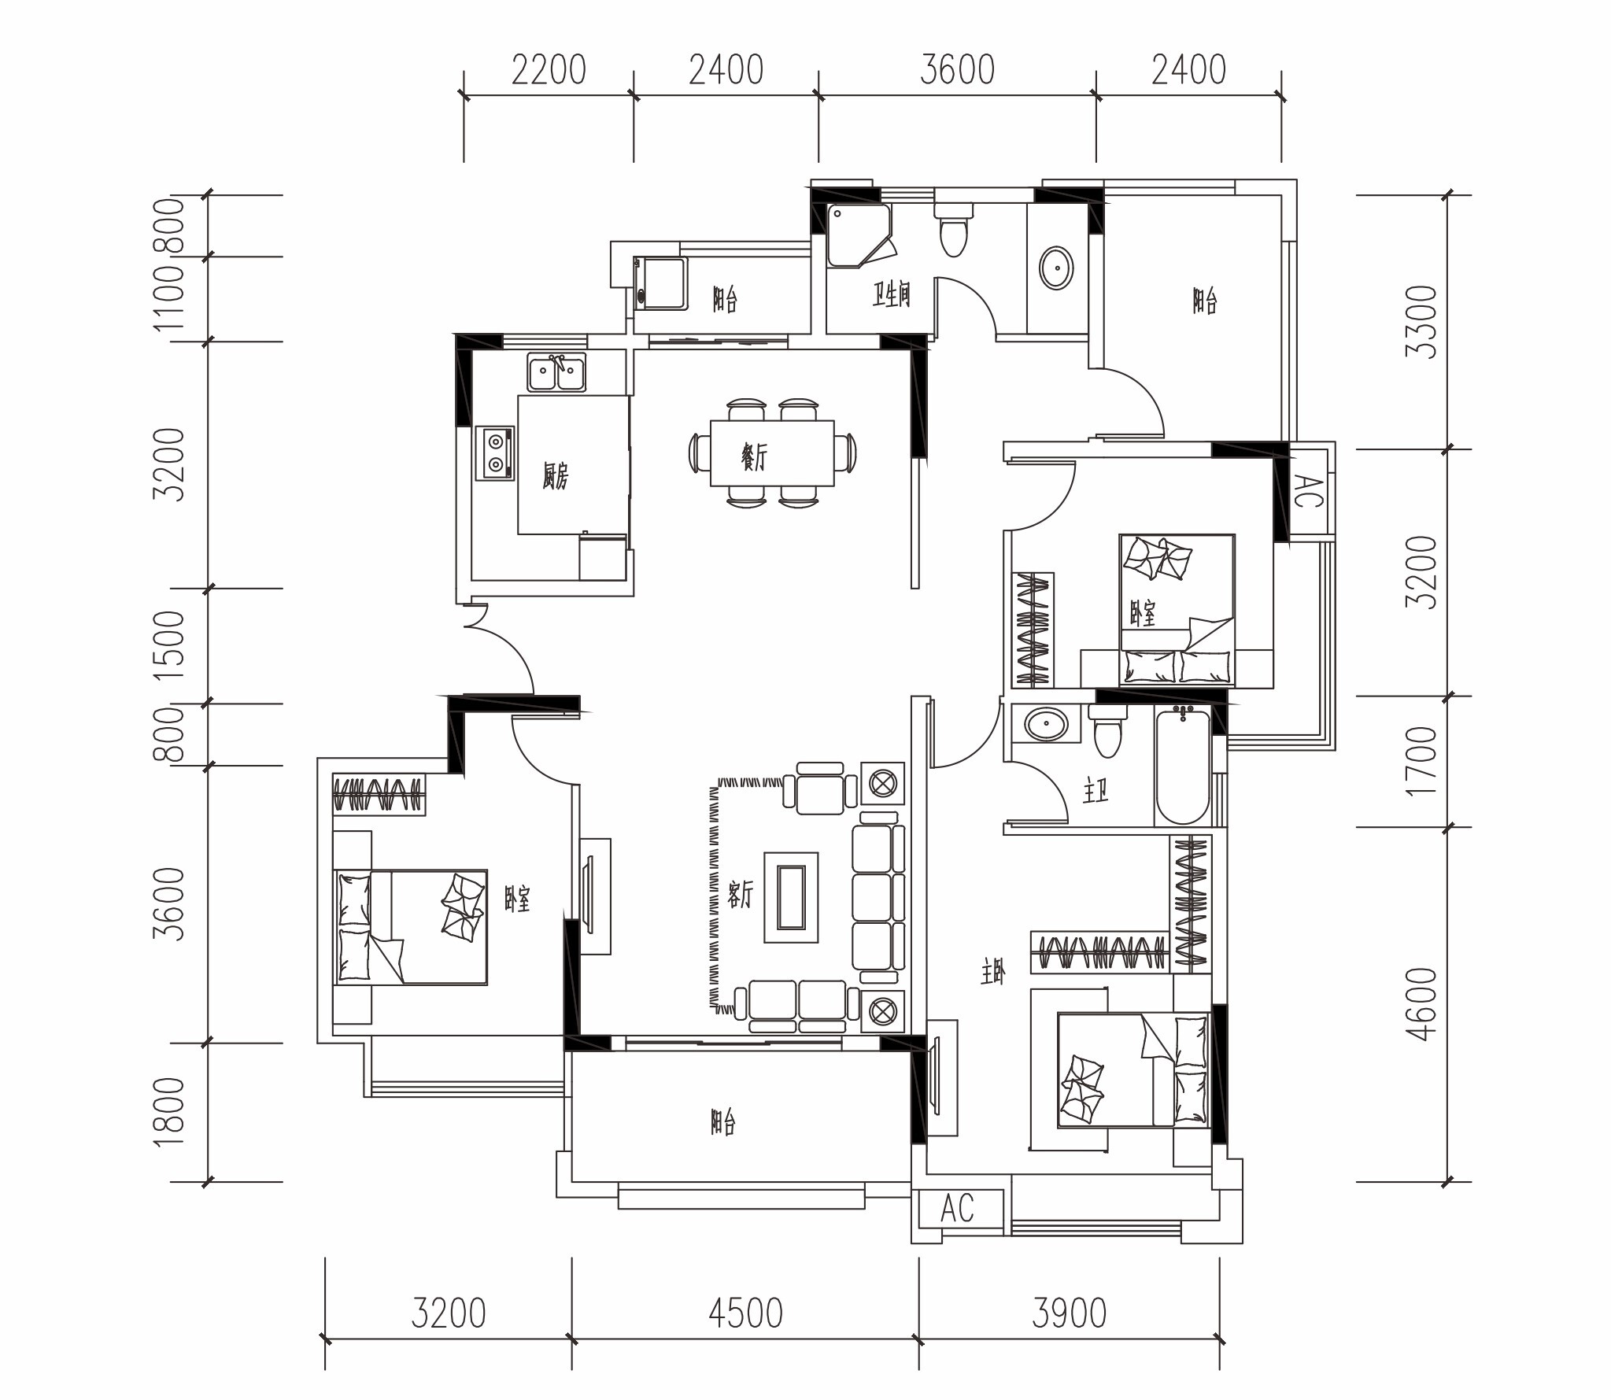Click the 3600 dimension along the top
tap(957, 70)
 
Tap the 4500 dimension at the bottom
tap(745, 1313)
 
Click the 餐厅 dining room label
tap(753, 456)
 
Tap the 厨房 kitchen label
tap(555, 476)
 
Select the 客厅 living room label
tap(740, 894)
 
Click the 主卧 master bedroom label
tap(993, 973)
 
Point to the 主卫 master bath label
tap(1095, 791)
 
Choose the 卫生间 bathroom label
tap(892, 295)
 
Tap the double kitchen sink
tap(556, 373)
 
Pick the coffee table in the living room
tap(791, 898)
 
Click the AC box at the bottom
tap(958, 1207)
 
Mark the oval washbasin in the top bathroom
tap(1056, 268)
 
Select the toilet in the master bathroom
tap(1107, 732)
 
